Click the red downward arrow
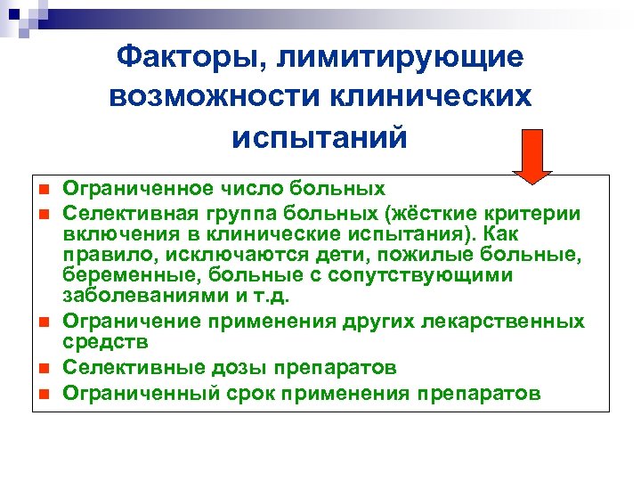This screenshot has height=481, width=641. point(531,156)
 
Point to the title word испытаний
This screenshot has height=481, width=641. point(320,138)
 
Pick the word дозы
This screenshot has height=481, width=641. point(234,367)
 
